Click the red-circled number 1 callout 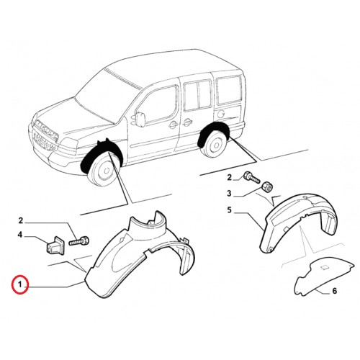[21, 285]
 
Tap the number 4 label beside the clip [20, 235]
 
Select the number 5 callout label [230, 210]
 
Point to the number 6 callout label [334, 291]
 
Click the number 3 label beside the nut [229, 193]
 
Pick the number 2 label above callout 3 [230, 178]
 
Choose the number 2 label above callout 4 [21, 220]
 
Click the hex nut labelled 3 [266, 186]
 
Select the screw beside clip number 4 [79, 240]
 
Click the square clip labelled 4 [55, 245]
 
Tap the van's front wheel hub [106, 170]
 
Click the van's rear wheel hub [215, 145]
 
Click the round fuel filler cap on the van [221, 113]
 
